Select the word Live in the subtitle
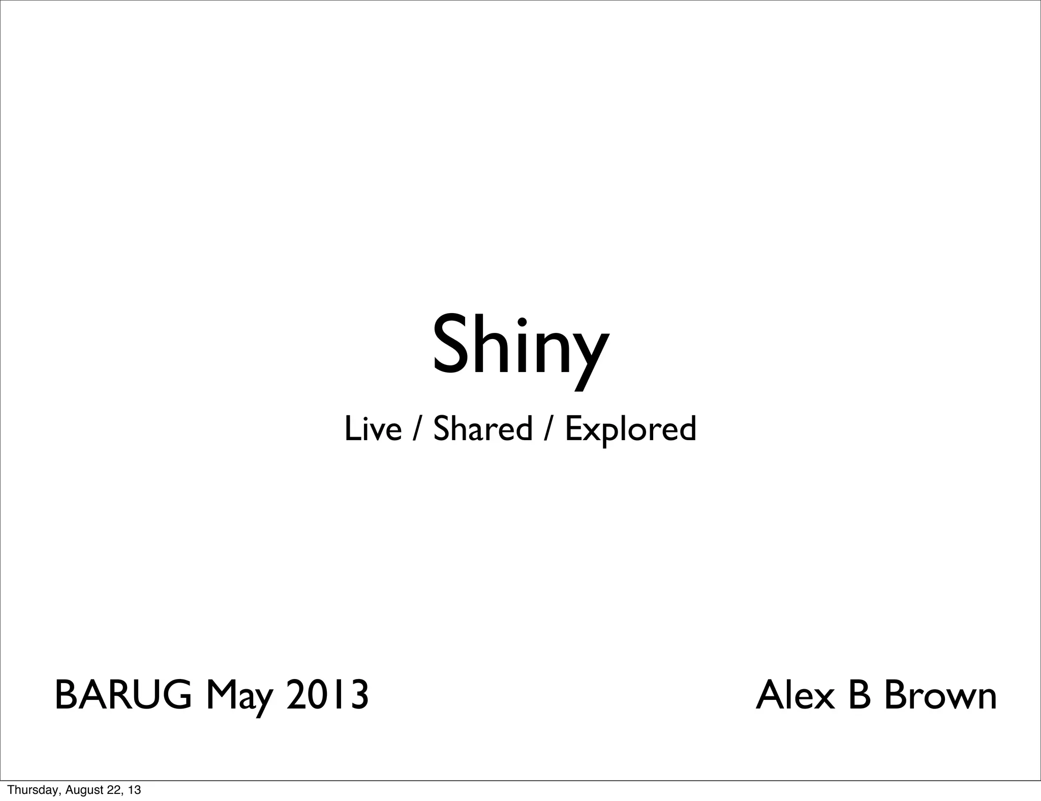coord(373,428)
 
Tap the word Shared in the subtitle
coord(482,428)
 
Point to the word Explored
coord(630,429)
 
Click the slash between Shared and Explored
coord(548,428)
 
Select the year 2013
coord(327,695)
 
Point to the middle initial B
coord(859,695)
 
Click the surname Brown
coord(940,695)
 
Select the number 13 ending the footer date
coord(134,790)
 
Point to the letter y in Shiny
coord(590,356)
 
